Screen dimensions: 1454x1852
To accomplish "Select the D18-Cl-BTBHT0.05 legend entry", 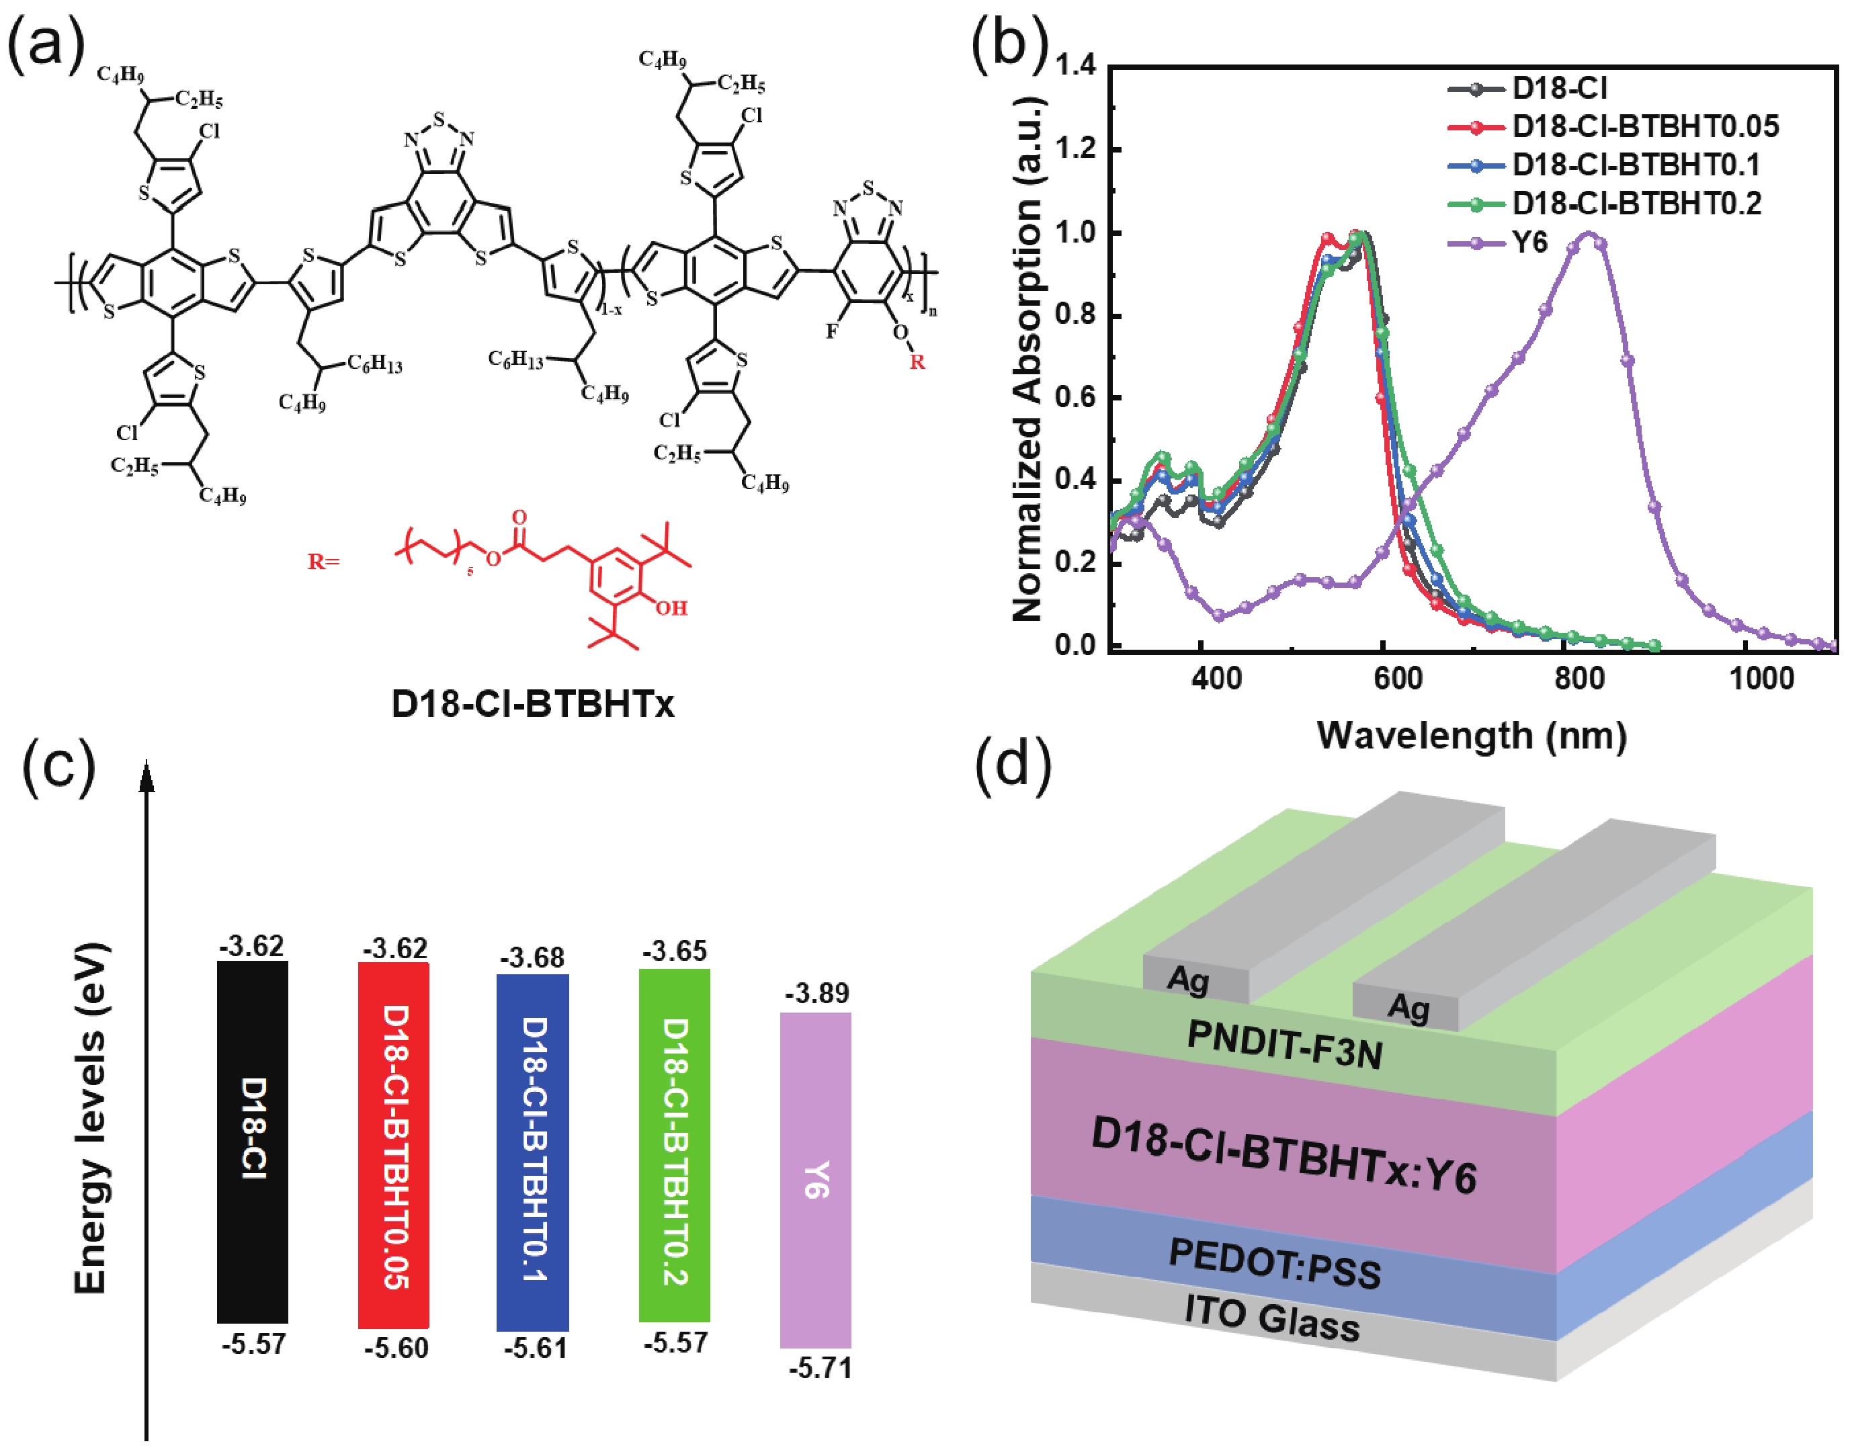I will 1644,127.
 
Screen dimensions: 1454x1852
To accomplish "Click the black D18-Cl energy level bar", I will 253,1141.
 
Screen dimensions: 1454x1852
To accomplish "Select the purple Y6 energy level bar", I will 815,1179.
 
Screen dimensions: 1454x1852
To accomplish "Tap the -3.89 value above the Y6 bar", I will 816,994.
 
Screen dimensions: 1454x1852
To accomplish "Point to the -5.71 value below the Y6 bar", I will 820,1368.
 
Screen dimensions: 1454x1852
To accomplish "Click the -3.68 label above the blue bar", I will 532,957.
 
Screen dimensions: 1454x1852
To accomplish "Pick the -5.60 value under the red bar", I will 396,1348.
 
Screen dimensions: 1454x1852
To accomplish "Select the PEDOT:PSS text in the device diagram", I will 1275,1263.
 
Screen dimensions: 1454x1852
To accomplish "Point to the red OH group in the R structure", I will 671,608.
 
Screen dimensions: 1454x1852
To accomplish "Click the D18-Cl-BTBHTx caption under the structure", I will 532,704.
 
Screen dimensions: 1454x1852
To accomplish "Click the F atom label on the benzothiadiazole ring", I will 831,331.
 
